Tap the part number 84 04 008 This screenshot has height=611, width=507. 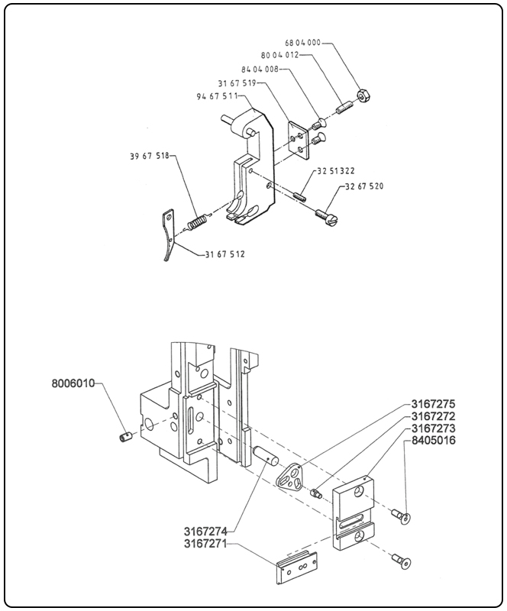point(264,69)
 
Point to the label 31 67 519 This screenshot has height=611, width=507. point(241,82)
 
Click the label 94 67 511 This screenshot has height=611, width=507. point(219,96)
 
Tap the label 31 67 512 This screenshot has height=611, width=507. point(225,254)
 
